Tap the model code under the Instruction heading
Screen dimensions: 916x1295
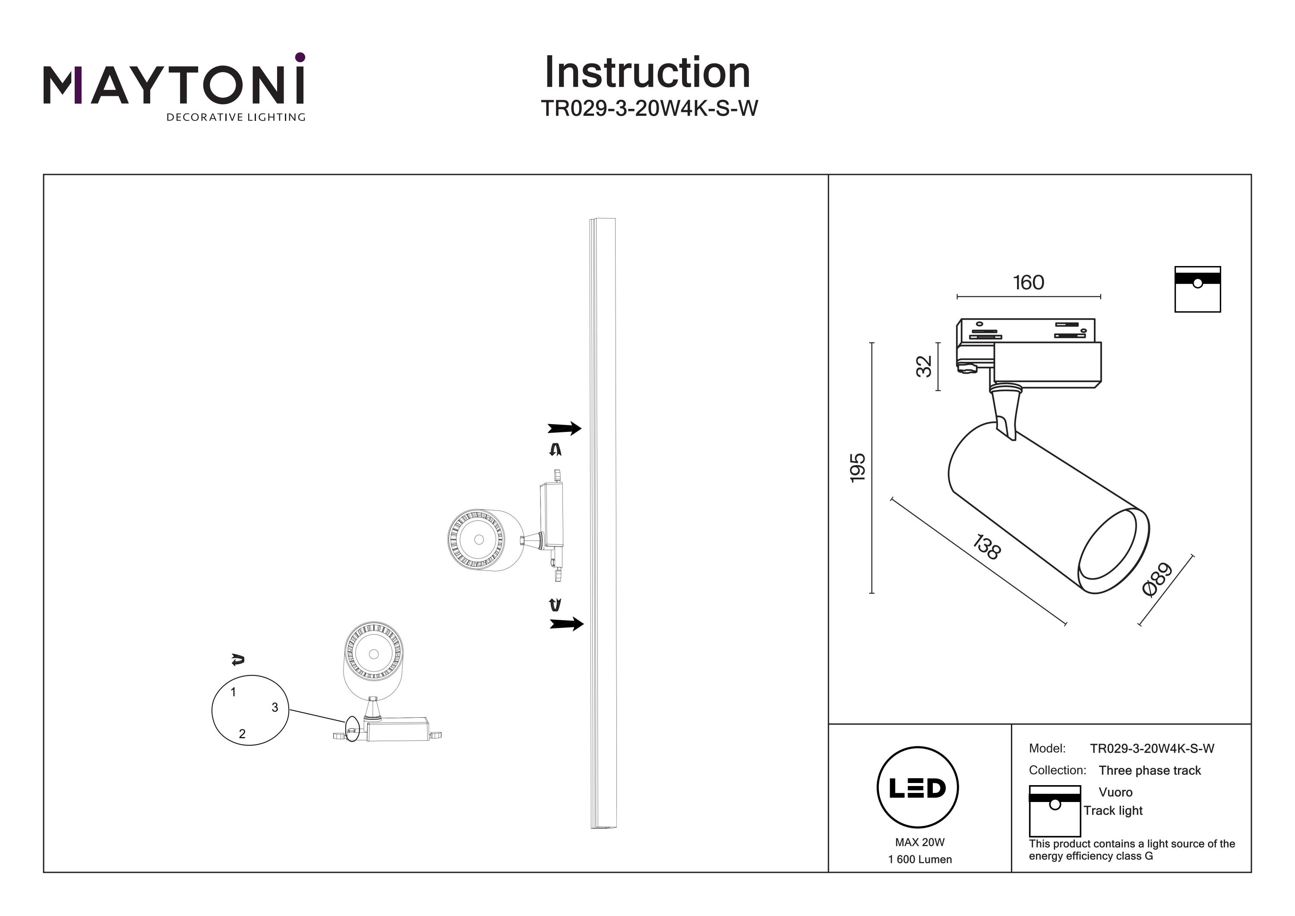click(649, 108)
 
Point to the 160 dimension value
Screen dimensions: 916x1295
click(1028, 282)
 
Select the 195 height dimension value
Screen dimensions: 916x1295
click(857, 467)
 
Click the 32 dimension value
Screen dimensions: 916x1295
click(924, 366)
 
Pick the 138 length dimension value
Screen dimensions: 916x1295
click(986, 547)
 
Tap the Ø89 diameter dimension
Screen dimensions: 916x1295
click(1157, 579)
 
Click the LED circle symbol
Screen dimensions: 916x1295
click(918, 788)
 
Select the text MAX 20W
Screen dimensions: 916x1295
click(919, 842)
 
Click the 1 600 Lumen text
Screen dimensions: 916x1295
click(920, 859)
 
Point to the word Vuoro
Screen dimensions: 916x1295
click(1115, 792)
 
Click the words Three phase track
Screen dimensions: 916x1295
click(1150, 770)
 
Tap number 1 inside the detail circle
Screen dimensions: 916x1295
click(234, 692)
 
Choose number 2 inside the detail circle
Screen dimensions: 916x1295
click(242, 734)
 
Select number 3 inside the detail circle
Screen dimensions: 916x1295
click(275, 707)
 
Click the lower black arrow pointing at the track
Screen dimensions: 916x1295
click(566, 624)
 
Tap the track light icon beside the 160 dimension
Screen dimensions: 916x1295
click(1197, 289)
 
